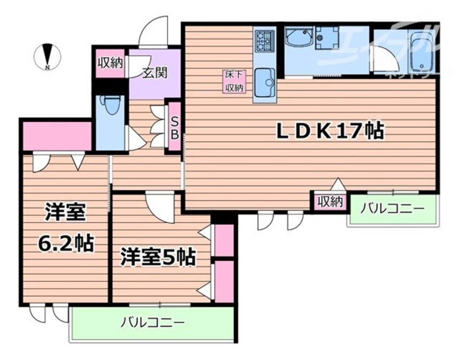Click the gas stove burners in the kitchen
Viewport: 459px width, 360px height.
pyautogui.click(x=265, y=39)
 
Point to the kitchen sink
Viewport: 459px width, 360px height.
pyautogui.click(x=265, y=81)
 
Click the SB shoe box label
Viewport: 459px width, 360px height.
pyautogui.click(x=175, y=128)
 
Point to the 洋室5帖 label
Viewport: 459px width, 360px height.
pyautogui.click(x=157, y=257)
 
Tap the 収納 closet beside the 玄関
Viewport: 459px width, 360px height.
pyautogui.click(x=110, y=62)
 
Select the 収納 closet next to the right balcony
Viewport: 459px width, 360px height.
pyautogui.click(x=329, y=202)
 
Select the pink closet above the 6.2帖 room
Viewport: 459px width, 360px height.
pyautogui.click(x=56, y=137)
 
